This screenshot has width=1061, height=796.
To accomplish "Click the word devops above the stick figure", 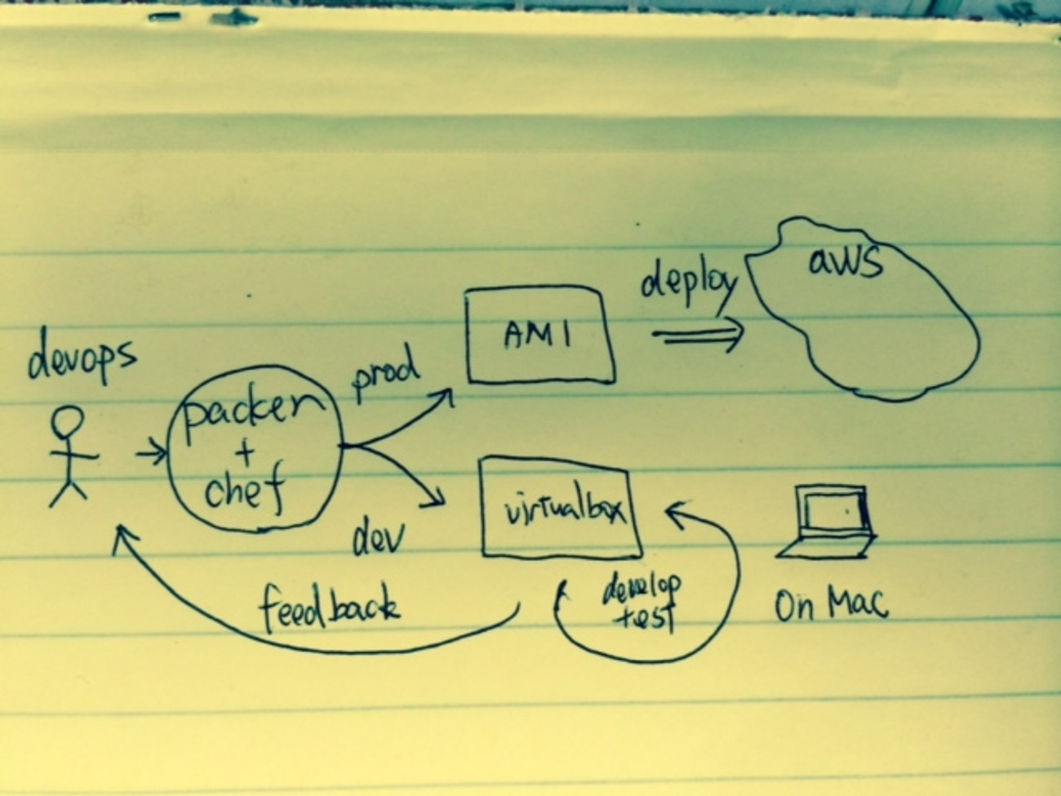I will click(81, 362).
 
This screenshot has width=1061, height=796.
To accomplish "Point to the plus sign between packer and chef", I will click(245, 453).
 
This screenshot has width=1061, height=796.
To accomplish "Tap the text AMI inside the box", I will click(538, 335).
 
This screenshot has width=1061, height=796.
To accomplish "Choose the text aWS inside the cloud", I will click(846, 263).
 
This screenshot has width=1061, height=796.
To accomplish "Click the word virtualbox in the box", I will click(563, 510).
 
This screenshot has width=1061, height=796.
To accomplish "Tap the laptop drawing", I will click(828, 523).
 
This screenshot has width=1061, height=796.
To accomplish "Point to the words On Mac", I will click(830, 605).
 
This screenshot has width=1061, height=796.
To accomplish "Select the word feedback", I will click(329, 608).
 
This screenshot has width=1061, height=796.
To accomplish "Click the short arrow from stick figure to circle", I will click(150, 451).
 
